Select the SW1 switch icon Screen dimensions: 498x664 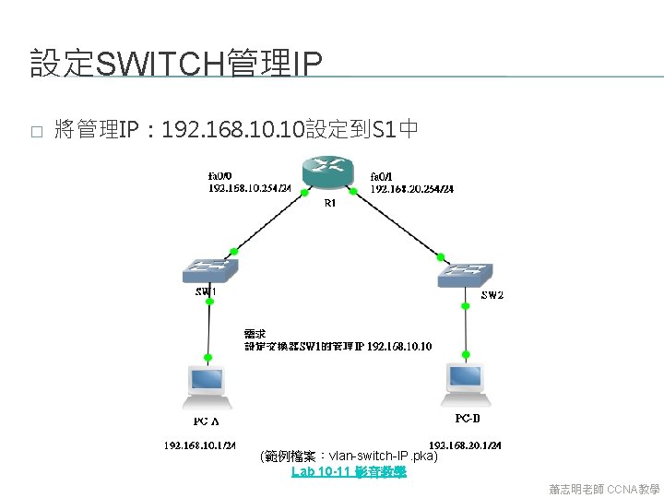(210, 270)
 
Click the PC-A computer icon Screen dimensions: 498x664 (206, 385)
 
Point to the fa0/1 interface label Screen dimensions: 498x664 (381, 176)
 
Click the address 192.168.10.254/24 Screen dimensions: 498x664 (250, 188)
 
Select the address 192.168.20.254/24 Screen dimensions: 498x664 (411, 189)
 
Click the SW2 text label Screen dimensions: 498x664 (492, 295)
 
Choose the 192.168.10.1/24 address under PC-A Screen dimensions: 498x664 (201, 445)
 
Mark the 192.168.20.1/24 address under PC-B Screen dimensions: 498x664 (466, 445)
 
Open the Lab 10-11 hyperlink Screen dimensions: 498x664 (349, 472)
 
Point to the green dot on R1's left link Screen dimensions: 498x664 (291, 192)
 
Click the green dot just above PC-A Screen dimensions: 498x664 (208, 354)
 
